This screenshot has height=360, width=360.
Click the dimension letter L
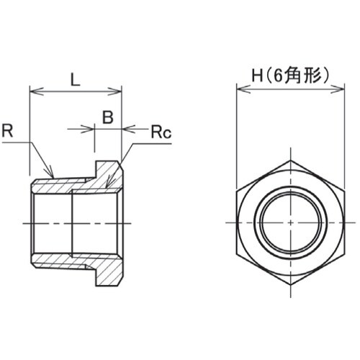[74, 79]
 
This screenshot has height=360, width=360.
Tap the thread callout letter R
[8, 131]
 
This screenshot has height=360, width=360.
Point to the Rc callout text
[159, 133]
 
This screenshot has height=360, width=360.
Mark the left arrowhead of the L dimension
[32, 91]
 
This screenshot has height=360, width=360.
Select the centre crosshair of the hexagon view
[291, 221]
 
